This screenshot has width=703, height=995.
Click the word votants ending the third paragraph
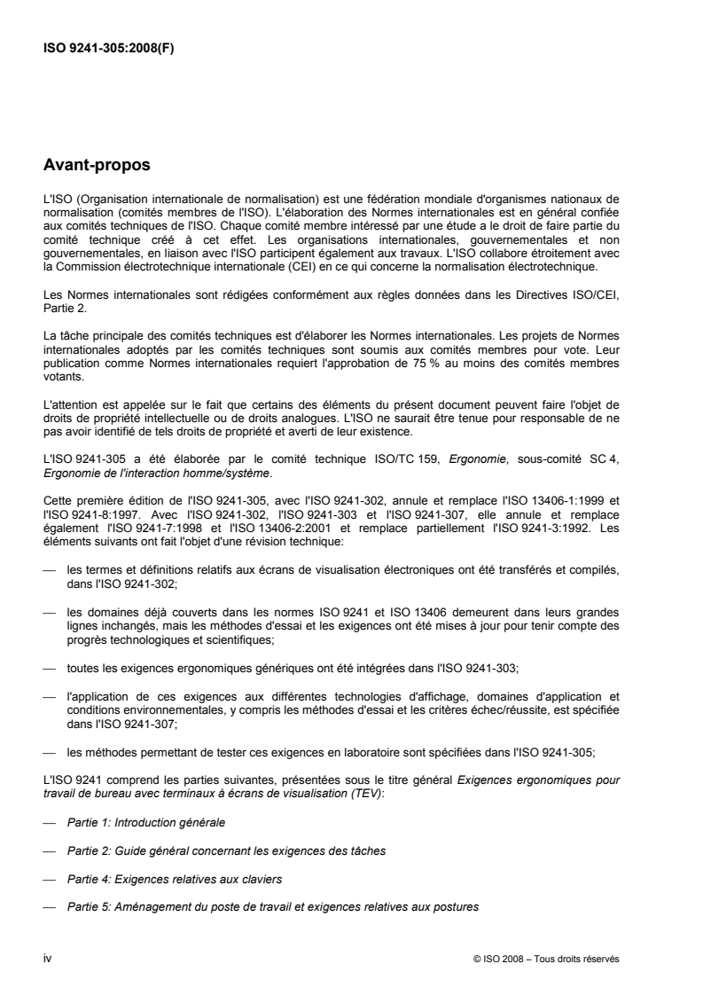61,375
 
